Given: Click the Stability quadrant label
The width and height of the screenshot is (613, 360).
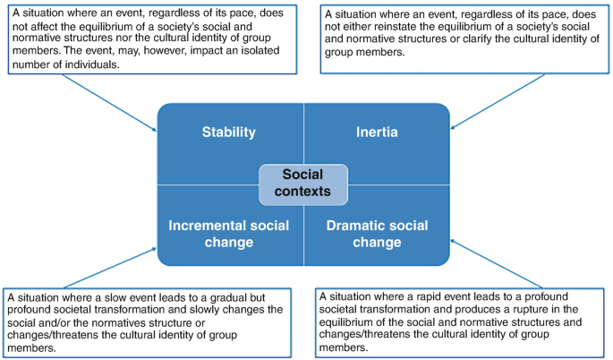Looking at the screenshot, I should click(228, 133).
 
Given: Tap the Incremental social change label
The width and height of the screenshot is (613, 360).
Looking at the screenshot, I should click(228, 234).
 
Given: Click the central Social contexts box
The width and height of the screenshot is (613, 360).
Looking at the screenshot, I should click(303, 183).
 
